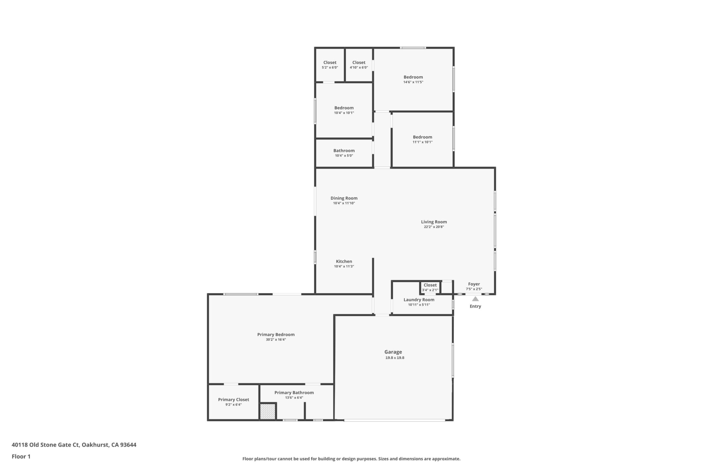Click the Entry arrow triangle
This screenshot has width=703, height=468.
pyautogui.click(x=475, y=299)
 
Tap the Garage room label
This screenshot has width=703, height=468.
pyautogui.click(x=393, y=352)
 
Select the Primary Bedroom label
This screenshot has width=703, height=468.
pyautogui.click(x=276, y=335)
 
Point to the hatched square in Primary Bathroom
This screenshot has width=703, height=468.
pyautogui.click(x=268, y=412)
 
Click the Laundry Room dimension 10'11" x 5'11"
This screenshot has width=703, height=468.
pyautogui.click(x=419, y=305)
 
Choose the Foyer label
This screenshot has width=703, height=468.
pyautogui.click(x=474, y=284)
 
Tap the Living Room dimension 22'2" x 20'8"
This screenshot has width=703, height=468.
pyautogui.click(x=434, y=227)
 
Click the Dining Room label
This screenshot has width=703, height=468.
pyautogui.click(x=344, y=198)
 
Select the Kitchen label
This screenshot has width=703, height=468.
pyautogui.click(x=344, y=262)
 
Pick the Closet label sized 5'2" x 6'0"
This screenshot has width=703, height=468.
pyautogui.click(x=330, y=62)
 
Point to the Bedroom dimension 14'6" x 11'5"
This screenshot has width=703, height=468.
pyautogui.click(x=413, y=82)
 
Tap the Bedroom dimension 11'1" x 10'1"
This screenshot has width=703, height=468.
pyautogui.click(x=423, y=142)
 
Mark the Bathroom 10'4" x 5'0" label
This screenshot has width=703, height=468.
pyautogui.click(x=344, y=151)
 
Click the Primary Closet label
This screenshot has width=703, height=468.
pyautogui.click(x=233, y=400)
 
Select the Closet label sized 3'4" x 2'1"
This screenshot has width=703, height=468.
pyautogui.click(x=430, y=285)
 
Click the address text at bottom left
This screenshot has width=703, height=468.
pyautogui.click(x=74, y=445)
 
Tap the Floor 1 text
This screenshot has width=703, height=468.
pyautogui.click(x=21, y=456)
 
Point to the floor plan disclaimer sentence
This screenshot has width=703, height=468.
pyautogui.click(x=351, y=459)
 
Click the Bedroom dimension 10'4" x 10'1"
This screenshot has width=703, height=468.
pyautogui.click(x=344, y=113)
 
